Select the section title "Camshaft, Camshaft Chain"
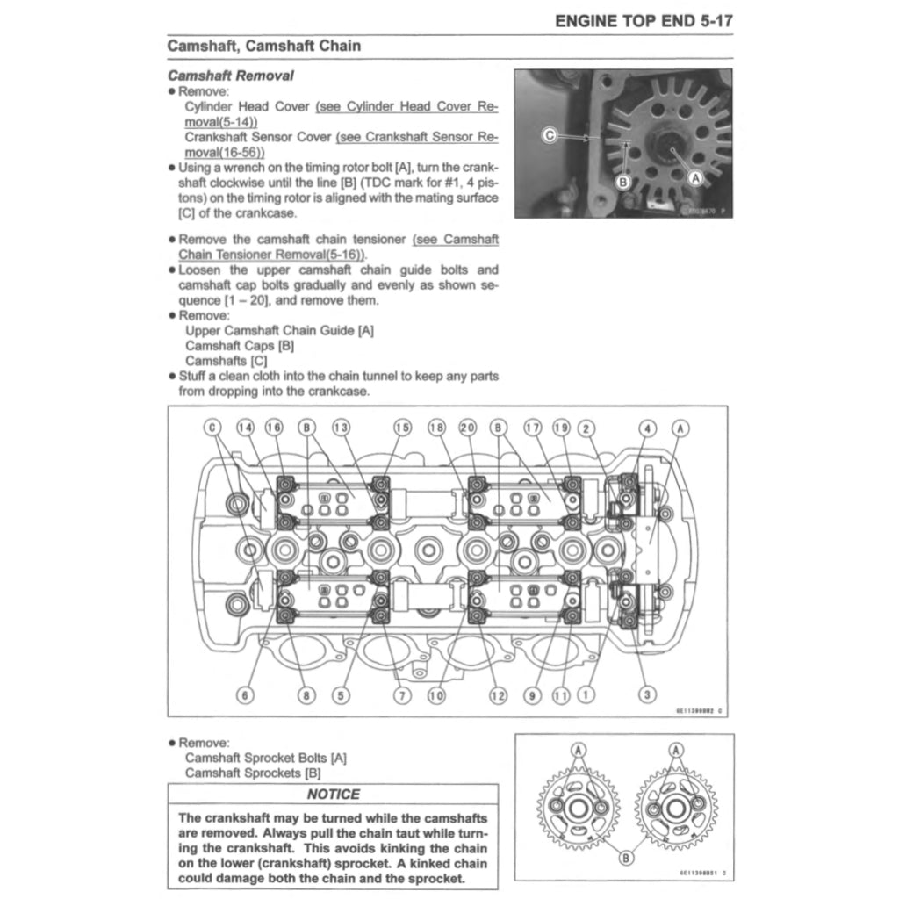tap(263, 46)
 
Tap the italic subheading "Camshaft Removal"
tap(230, 76)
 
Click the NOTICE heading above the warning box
tap(333, 795)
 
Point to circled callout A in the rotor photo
tap(697, 176)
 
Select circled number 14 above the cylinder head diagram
tap(245, 428)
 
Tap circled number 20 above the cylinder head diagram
tap(468, 428)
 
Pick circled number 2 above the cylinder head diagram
tap(587, 428)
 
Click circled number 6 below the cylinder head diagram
tap(245, 695)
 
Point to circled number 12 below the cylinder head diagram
tap(498, 695)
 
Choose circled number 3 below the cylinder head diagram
tap(648, 695)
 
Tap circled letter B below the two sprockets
tap(625, 858)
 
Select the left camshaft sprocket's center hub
tap(578, 807)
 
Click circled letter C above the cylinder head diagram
tap(213, 428)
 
